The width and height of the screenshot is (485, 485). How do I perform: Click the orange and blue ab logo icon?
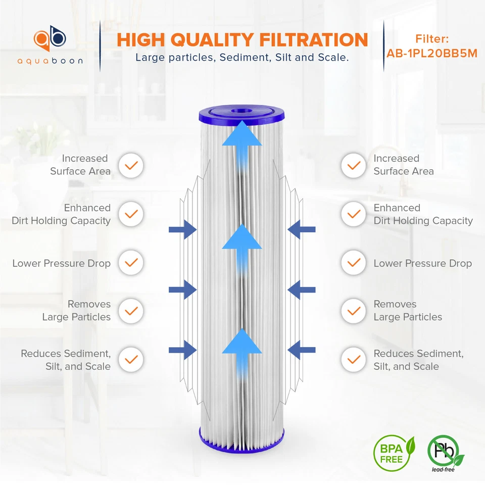click(50, 39)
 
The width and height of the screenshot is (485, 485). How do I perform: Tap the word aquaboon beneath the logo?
click(50, 61)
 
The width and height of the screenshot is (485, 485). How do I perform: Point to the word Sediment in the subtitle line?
click(246, 57)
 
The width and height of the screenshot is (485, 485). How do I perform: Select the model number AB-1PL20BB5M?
click(432, 53)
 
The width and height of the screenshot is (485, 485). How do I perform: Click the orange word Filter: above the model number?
click(432, 39)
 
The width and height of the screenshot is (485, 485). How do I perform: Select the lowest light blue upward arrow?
click(242, 349)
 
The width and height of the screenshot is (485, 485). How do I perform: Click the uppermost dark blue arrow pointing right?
click(182, 229)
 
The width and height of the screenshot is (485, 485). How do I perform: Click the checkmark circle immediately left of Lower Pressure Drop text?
click(131, 263)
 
